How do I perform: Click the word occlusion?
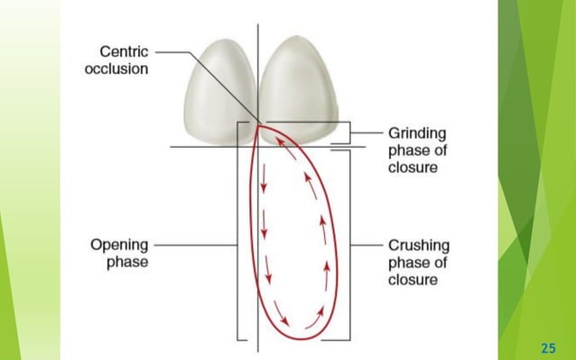pyautogui.click(x=116, y=69)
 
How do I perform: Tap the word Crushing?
pyautogui.click(x=418, y=245)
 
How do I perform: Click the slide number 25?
pyautogui.click(x=547, y=346)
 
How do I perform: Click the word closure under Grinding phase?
pyautogui.click(x=413, y=168)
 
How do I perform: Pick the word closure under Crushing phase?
pyautogui.click(x=413, y=280)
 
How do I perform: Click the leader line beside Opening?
pyautogui.click(x=194, y=245)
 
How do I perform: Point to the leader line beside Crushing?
pyautogui.click(x=366, y=245)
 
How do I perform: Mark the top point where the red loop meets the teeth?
pyautogui.click(x=258, y=126)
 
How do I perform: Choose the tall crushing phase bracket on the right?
pyautogui.click(x=348, y=245)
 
